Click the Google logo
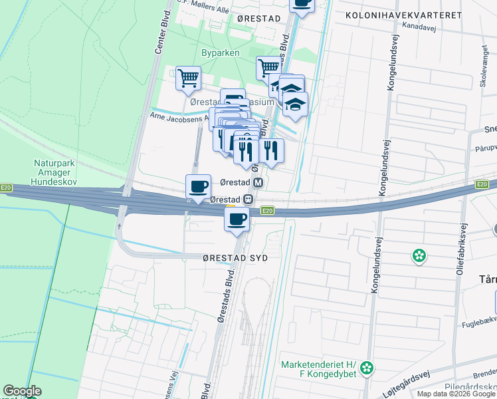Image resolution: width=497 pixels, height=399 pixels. [22, 391]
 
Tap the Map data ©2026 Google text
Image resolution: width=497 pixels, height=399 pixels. [456, 394]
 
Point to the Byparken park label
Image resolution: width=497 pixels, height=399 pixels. [220, 53]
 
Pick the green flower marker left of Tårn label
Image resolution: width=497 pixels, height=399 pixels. [419, 255]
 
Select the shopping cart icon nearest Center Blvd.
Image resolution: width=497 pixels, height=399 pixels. [188, 77]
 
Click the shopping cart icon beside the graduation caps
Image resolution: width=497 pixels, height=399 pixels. [269, 67]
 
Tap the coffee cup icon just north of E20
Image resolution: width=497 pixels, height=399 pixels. [198, 186]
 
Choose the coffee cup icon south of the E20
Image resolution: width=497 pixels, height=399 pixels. [237, 219]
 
